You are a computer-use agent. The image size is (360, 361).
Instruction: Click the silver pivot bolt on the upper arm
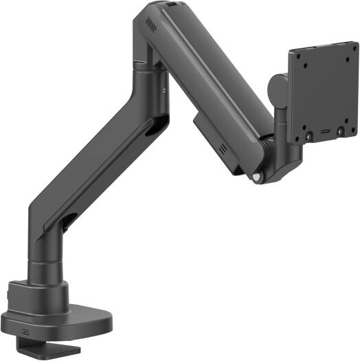coord(257,177)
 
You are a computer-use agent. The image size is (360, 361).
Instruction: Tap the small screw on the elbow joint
coord(165,88)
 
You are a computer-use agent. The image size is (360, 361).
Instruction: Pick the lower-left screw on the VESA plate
coord(308,135)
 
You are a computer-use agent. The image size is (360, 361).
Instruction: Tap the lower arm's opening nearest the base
coord(70,221)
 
